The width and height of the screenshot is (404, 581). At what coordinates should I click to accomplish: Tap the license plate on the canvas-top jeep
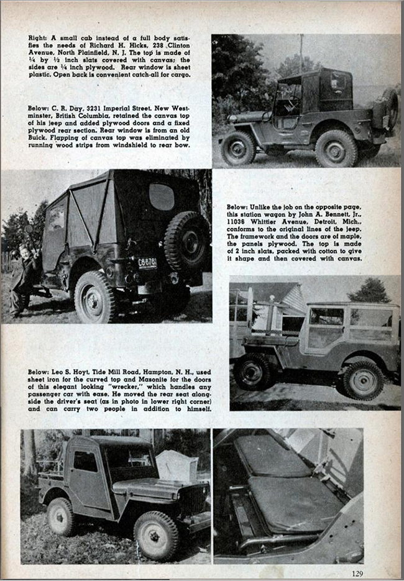tap(147, 262)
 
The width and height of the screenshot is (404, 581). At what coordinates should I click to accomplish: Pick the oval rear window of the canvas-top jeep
tap(162, 196)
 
